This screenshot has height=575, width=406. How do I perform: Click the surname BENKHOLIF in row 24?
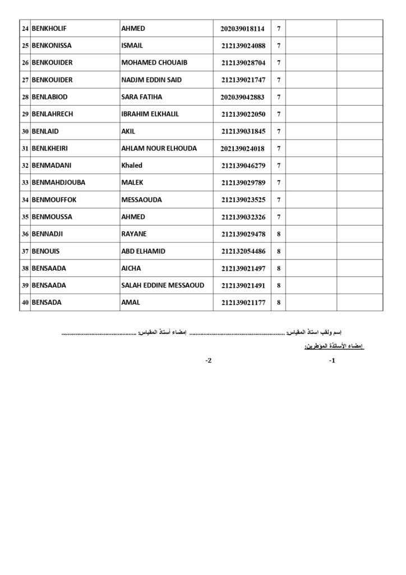pos(49,29)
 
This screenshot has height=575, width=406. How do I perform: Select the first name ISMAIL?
pos(133,45)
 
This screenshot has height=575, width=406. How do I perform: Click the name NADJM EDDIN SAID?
pos(151,80)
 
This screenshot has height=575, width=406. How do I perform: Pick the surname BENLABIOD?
pos(50,97)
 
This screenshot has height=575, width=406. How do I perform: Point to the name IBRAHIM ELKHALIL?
pos(150,114)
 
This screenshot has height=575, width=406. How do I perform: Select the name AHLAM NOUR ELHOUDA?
pos(159,148)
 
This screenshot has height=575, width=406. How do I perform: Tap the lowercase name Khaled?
pos(132,166)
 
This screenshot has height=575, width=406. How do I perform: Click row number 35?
pos(25,217)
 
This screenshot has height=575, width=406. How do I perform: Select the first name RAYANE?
pos(133,234)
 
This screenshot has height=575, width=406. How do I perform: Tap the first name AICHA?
pos(131,268)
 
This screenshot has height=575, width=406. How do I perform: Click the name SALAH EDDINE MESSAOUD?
pos(163,285)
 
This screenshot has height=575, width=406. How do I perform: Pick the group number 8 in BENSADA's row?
pos(279,303)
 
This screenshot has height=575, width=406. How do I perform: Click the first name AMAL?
pos(131,303)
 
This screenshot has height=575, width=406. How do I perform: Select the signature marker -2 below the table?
pos(209,361)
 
